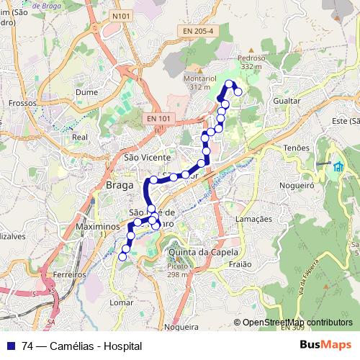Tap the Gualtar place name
tap(287, 102)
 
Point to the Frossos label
tap(23, 103)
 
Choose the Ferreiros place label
tap(69, 274)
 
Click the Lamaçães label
tap(253, 218)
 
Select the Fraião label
tap(239, 264)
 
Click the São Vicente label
tap(147, 157)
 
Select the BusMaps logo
tap(325, 345)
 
